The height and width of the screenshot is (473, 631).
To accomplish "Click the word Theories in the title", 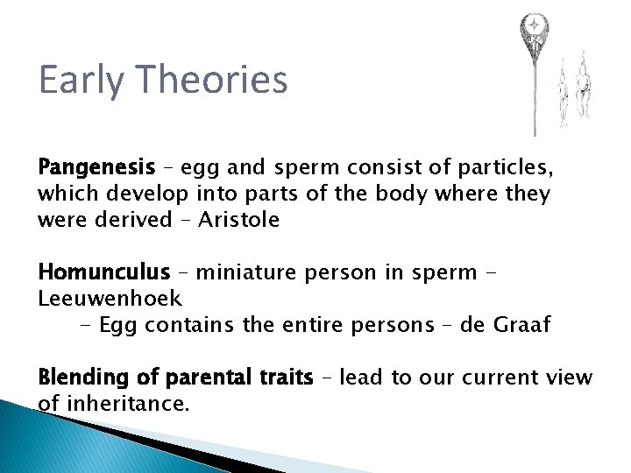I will point(219,80).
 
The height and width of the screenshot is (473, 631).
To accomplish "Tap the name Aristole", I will point(239,219).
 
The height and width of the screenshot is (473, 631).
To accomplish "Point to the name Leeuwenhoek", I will point(110,298).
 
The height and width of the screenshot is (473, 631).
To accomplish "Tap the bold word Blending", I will point(82,378).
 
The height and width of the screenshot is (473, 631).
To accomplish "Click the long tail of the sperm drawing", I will point(534,96).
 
